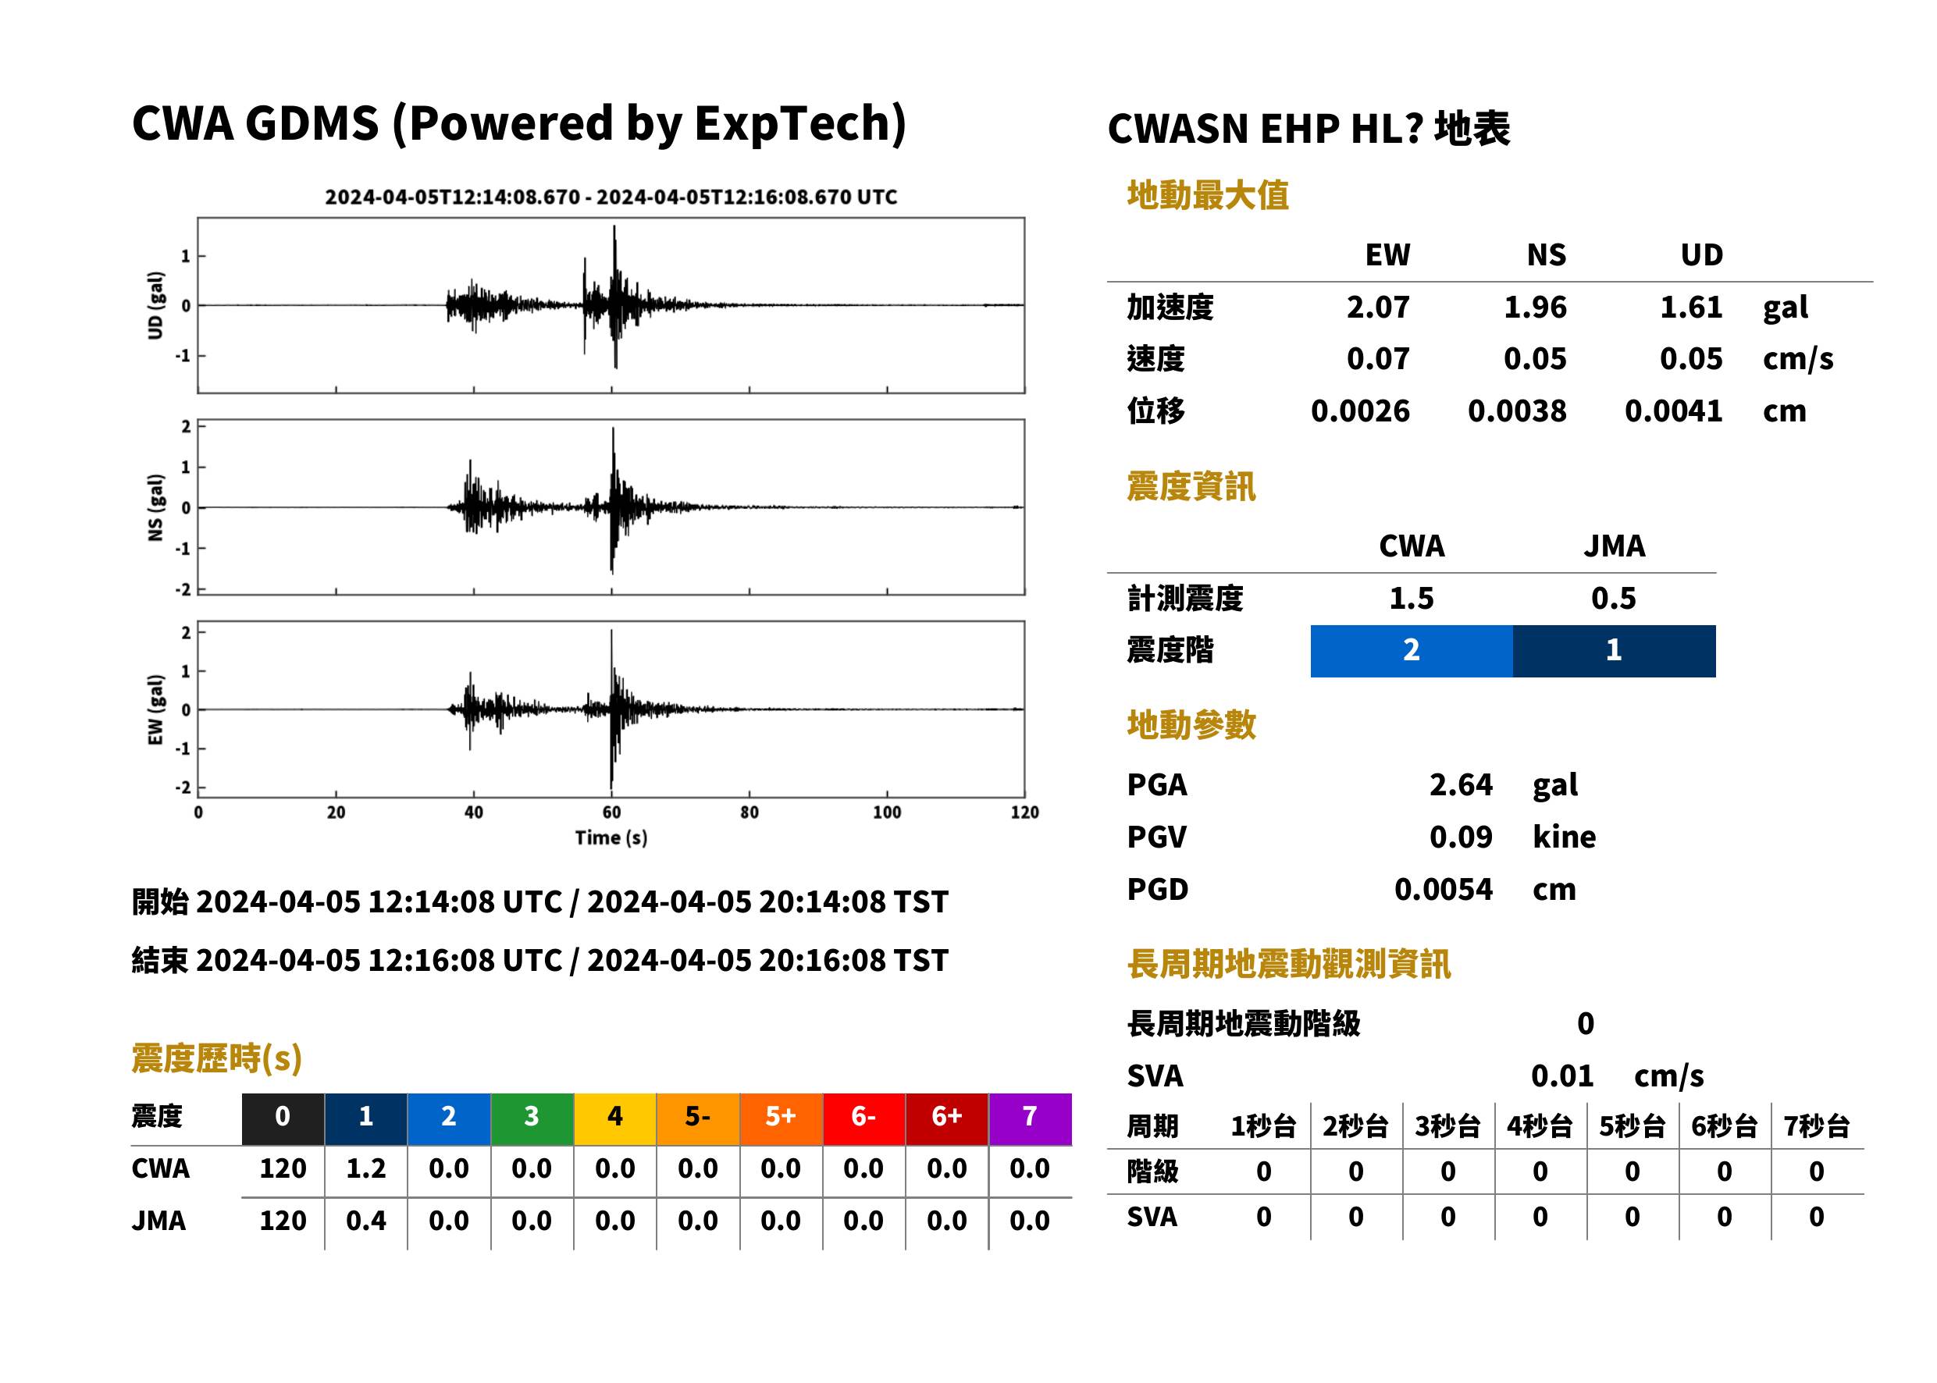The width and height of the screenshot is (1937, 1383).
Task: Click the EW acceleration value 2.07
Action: click(x=1377, y=308)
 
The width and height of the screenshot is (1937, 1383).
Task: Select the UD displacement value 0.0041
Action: click(x=1673, y=411)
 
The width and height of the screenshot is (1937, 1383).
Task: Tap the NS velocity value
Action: click(x=1534, y=359)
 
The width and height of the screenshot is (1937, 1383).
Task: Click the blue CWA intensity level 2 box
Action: click(x=1412, y=651)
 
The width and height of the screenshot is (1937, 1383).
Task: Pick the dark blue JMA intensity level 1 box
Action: click(x=1615, y=651)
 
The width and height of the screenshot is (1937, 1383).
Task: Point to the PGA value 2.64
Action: click(x=1461, y=784)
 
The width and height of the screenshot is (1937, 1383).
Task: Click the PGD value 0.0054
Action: click(x=1443, y=889)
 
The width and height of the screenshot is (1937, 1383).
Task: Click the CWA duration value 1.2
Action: click(x=366, y=1168)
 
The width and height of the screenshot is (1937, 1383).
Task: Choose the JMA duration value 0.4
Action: click(x=366, y=1221)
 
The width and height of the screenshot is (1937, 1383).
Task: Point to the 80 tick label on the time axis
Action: click(x=749, y=812)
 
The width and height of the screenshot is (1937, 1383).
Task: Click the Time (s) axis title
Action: click(x=611, y=838)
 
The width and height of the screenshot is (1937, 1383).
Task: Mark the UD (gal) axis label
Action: click(x=155, y=305)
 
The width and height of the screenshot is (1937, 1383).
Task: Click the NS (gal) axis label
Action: click(x=155, y=507)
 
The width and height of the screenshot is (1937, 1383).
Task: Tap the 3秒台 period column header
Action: click(x=1447, y=1127)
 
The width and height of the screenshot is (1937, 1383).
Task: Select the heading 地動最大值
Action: click(x=1208, y=195)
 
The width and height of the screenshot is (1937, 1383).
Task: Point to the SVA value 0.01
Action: click(x=1562, y=1076)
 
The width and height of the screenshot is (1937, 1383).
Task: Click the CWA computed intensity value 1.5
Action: click(x=1412, y=599)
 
